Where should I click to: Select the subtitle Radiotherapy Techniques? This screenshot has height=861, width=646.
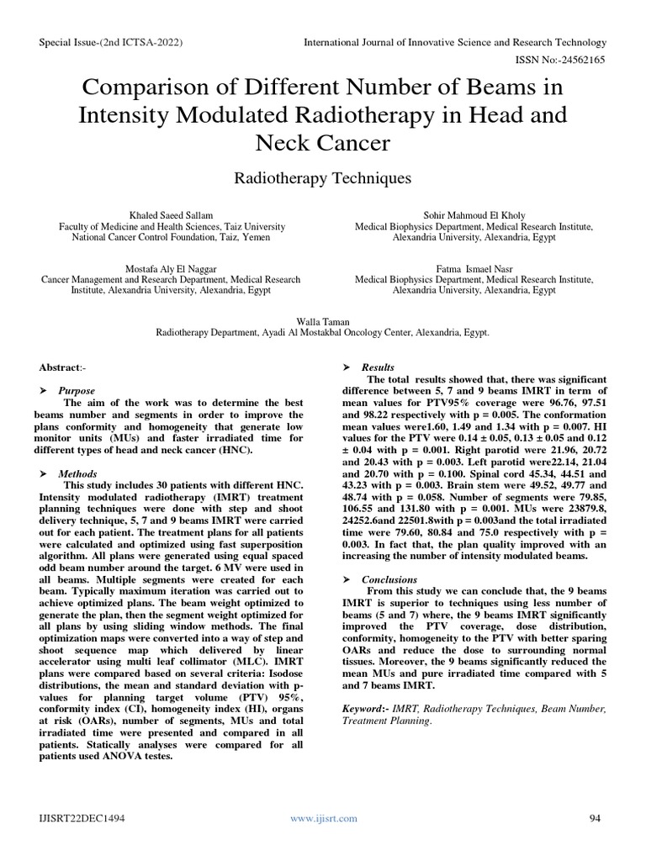tap(322, 178)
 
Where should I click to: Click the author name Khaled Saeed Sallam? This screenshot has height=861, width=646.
tap(172, 215)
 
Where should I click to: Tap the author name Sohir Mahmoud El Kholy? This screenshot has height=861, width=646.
tap(474, 215)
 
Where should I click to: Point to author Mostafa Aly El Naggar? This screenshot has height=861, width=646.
tap(172, 268)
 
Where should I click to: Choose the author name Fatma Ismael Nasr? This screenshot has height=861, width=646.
tap(474, 268)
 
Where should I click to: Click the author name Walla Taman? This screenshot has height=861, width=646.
tap(322, 321)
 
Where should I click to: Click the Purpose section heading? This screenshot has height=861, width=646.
tap(76, 391)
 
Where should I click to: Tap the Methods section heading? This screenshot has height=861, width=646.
tap(77, 473)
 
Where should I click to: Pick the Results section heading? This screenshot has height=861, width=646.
tap(378, 368)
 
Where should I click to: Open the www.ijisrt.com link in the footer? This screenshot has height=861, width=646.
tap(323, 818)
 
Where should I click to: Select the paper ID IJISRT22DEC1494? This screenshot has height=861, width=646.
tap(83, 818)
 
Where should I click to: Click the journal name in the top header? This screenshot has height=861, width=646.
tap(454, 42)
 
